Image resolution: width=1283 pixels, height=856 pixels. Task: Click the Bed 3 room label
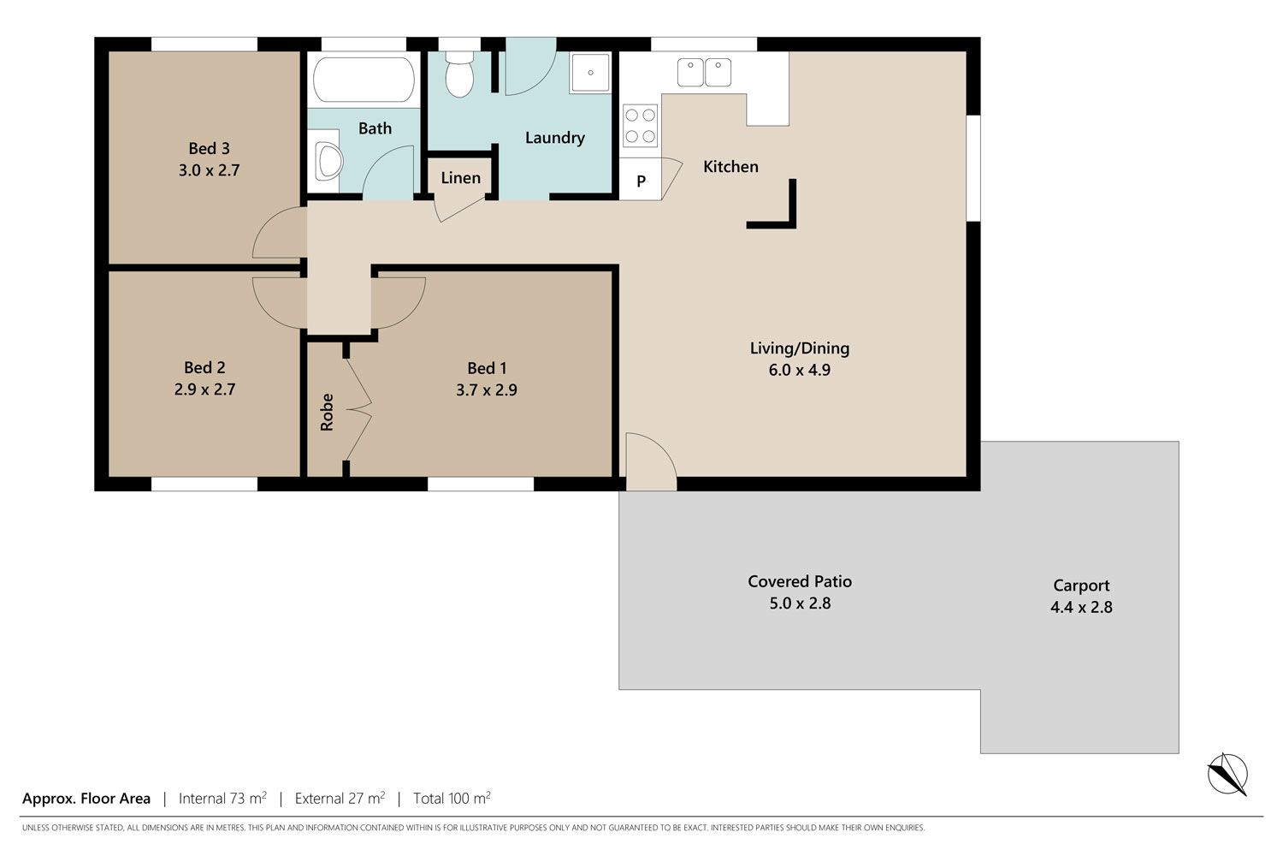point(209,148)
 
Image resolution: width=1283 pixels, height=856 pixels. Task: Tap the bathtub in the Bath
point(364,80)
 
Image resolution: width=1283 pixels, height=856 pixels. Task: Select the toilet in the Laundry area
point(459,74)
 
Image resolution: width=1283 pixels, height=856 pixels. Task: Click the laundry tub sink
point(590,73)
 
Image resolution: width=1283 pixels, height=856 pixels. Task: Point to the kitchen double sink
point(704,73)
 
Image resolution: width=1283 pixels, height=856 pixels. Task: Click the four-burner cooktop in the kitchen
point(640,126)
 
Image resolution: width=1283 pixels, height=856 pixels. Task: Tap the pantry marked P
point(641,180)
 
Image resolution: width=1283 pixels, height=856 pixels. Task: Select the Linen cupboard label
point(460,178)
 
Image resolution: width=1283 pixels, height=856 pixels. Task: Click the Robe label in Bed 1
point(327,413)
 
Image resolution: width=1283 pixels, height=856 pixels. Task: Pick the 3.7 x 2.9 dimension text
point(487,389)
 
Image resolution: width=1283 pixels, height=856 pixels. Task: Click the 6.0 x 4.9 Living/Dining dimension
point(799,370)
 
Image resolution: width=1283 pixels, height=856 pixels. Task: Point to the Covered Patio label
point(800,581)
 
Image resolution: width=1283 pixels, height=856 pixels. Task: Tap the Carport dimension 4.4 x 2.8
point(1081,607)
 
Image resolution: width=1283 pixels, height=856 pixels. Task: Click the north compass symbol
point(1227,774)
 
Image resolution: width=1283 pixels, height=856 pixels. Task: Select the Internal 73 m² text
point(222,798)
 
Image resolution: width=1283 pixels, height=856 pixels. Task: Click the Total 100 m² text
point(452,798)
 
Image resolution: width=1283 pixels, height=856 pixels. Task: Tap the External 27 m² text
point(340,798)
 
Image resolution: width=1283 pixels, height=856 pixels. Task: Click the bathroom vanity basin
point(328,161)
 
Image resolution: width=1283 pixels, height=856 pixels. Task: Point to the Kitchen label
point(730,166)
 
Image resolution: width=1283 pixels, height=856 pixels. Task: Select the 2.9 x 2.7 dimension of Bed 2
point(204,389)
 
